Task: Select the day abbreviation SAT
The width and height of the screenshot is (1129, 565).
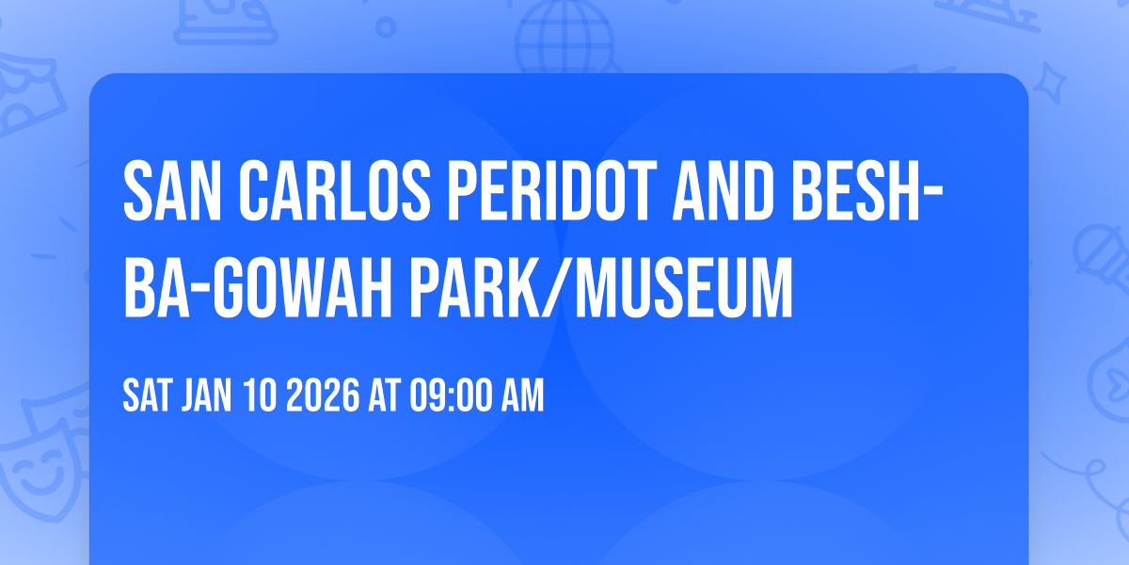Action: click(147, 396)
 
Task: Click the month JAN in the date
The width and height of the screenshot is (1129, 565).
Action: click(206, 396)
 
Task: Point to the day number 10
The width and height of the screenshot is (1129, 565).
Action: click(260, 396)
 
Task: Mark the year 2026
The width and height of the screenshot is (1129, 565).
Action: click(323, 396)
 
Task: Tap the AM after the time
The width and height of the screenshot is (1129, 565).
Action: click(521, 396)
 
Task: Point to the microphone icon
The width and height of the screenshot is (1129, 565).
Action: click(1096, 254)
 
